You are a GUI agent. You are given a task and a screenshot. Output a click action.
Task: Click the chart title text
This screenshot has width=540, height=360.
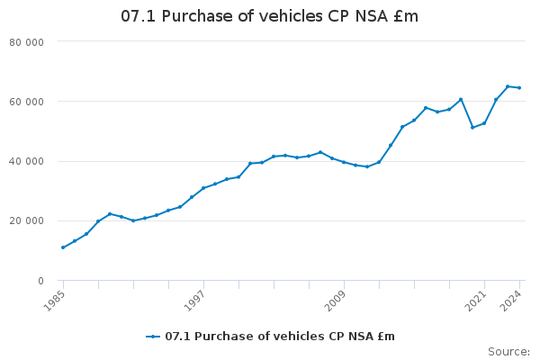pos(270,17)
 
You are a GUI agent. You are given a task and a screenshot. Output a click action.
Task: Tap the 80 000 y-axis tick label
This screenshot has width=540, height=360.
pos(52,41)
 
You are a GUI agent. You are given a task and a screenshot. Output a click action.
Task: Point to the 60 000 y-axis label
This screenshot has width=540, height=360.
pos(52,102)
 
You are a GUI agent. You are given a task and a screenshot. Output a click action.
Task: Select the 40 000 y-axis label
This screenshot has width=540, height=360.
pos(52,161)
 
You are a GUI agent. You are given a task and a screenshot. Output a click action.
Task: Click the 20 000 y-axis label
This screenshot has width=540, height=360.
pos(52,221)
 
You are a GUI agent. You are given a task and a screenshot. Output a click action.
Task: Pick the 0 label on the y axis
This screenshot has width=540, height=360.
pos(66,281)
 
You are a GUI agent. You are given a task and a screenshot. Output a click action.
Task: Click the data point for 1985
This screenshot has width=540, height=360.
pos(63,247)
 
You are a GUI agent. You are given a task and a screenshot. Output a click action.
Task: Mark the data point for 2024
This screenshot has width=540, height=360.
pos(519,87)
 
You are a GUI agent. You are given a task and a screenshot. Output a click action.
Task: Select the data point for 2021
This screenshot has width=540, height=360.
pos(484,123)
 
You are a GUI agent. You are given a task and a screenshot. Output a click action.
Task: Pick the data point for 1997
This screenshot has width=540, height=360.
pos(203,188)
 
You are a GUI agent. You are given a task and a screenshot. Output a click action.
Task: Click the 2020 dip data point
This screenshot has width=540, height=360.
pos(472,127)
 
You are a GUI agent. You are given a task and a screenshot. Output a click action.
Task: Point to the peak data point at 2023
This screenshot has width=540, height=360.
pos(508,86)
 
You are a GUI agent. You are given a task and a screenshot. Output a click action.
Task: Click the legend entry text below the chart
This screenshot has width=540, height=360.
pos(279,337)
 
